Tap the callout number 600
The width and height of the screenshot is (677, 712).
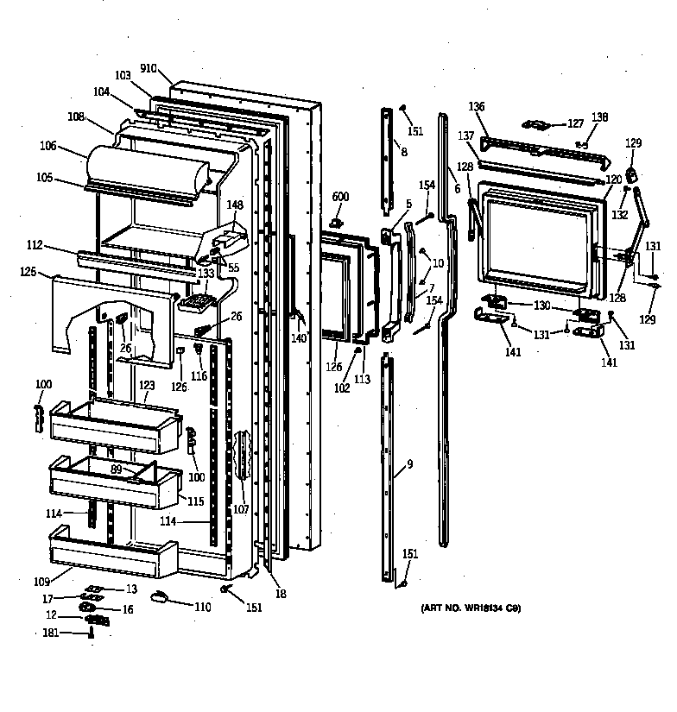click(x=340, y=198)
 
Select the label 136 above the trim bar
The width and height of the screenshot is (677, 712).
click(x=477, y=107)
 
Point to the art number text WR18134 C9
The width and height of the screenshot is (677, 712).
click(x=471, y=608)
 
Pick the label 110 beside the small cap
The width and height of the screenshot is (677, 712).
click(x=202, y=608)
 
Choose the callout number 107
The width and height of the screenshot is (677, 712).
click(x=241, y=509)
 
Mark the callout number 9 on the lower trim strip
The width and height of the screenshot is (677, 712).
click(x=409, y=465)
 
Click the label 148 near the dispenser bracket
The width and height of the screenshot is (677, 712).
click(x=235, y=205)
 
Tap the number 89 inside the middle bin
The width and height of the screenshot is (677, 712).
click(x=117, y=469)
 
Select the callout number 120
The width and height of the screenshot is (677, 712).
click(x=613, y=180)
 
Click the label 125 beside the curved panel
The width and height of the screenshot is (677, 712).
click(x=28, y=273)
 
